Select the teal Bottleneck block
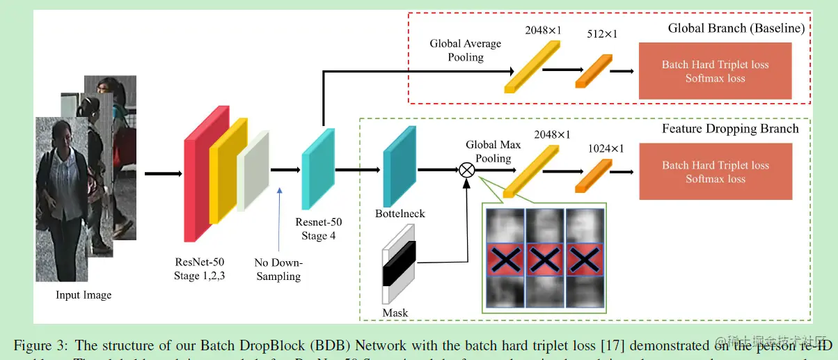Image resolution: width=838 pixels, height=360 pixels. coord(400,167)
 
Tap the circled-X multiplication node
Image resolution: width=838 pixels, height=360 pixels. coord(466,169)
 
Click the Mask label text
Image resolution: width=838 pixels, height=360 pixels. coord(395,313)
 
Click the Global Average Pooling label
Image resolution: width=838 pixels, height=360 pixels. coord(465,50)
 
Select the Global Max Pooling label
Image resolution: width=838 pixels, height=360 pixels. coord(493,151)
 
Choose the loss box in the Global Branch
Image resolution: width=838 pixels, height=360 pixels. coord(715,71)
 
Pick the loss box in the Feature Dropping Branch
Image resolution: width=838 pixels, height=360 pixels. coord(715,172)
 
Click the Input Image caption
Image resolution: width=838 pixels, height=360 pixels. coord(84,295)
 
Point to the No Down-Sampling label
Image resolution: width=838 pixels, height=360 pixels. coord(278,269)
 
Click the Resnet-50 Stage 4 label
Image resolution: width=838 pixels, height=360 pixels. coord(319,228)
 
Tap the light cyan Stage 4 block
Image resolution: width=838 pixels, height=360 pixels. coord(318,169)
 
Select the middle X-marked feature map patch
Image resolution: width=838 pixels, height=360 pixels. coord(546,258)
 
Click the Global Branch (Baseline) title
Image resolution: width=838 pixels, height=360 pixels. coord(736,29)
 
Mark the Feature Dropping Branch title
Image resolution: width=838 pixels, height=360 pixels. coord(730,129)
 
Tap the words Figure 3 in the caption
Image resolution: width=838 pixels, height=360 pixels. coord(41,345)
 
